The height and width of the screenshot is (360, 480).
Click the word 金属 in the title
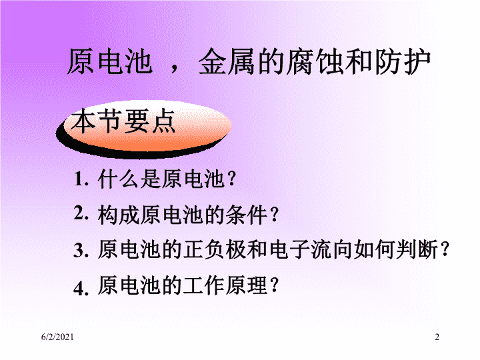point(227,62)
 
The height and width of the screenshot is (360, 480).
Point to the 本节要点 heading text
point(123,121)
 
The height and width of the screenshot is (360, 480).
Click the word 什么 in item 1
point(119,179)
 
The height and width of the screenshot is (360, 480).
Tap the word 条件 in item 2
point(247,215)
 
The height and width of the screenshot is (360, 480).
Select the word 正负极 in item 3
point(215,249)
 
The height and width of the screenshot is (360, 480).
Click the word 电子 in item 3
point(289,249)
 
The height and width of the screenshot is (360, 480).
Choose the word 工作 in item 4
point(205,285)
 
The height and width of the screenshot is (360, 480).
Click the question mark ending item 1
point(232,179)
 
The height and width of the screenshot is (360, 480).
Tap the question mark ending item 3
point(445,249)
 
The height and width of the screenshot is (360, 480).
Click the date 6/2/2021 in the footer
point(57,337)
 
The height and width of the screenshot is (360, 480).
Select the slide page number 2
point(437,337)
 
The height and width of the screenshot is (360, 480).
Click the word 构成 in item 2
point(119,215)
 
